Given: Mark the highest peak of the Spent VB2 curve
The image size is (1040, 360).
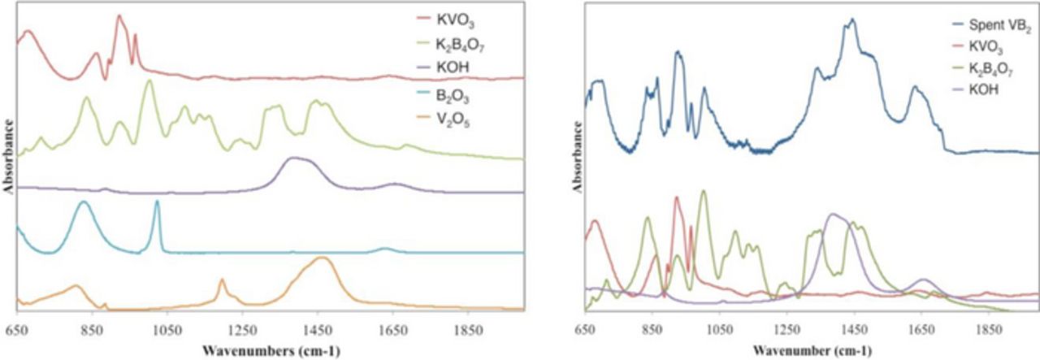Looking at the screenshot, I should point(852,20).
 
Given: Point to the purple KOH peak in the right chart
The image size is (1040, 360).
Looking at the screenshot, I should point(832,215).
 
